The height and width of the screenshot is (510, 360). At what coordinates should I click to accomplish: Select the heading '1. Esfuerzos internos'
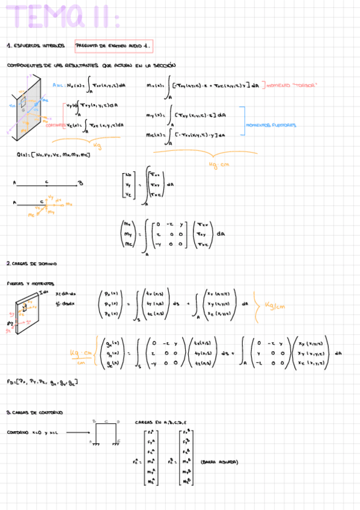pyautogui.click(x=35, y=46)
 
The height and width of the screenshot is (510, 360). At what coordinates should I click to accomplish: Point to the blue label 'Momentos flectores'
pyautogui.click(x=270, y=126)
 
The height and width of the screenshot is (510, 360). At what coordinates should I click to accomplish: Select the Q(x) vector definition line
pyautogui.click(x=54, y=155)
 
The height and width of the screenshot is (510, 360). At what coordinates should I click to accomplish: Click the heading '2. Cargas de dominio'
pyautogui.click(x=32, y=263)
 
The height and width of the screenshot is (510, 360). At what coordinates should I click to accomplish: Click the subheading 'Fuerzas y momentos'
pyautogui.click(x=30, y=283)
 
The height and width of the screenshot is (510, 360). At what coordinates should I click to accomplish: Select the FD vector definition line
pyautogui.click(x=42, y=382)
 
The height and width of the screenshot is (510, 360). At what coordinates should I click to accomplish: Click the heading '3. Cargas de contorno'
pyautogui.click(x=34, y=413)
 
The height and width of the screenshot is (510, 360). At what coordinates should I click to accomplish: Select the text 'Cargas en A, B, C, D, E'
pyautogui.click(x=160, y=422)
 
